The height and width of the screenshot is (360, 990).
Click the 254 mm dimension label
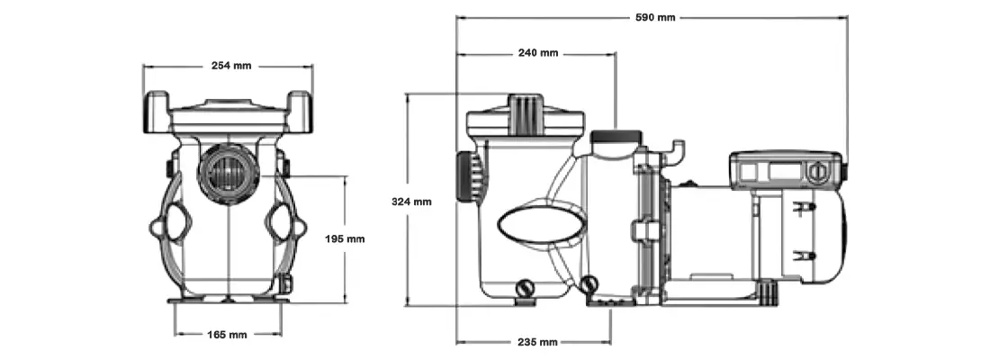point(230,66)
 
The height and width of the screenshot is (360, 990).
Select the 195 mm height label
point(344,238)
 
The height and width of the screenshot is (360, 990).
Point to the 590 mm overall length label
point(654,17)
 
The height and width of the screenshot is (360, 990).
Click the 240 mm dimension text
point(537,53)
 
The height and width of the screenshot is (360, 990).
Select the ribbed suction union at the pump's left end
point(465,176)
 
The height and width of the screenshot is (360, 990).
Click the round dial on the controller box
point(817,169)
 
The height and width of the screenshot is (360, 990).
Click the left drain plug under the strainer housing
point(524,288)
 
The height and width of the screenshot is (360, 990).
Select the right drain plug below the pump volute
point(590,285)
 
